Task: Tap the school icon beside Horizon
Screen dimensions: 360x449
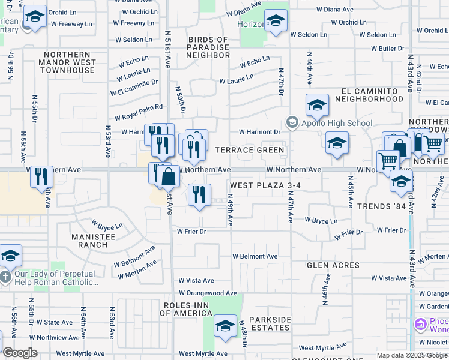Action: (x=276, y=22)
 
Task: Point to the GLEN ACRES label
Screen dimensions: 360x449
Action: (x=333, y=265)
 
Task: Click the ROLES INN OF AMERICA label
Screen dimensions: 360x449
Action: (x=188, y=310)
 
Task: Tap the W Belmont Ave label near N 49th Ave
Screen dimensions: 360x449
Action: (x=255, y=256)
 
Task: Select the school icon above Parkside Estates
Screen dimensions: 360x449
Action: (x=225, y=326)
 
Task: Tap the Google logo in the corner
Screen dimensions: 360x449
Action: (x=20, y=353)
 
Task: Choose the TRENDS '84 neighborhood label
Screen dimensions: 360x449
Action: (x=382, y=206)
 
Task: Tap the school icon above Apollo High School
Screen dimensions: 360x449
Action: (x=316, y=106)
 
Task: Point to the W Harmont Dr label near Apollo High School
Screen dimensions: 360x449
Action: (x=259, y=132)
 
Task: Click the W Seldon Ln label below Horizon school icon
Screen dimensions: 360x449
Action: (x=309, y=35)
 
